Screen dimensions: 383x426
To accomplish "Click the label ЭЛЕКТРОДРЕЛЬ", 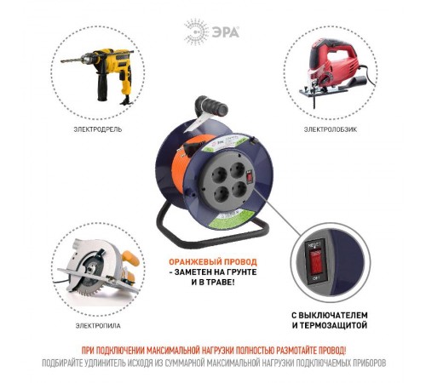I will [x=97, y=129].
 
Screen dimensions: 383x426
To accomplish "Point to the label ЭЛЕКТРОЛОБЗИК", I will [x=327, y=129].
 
